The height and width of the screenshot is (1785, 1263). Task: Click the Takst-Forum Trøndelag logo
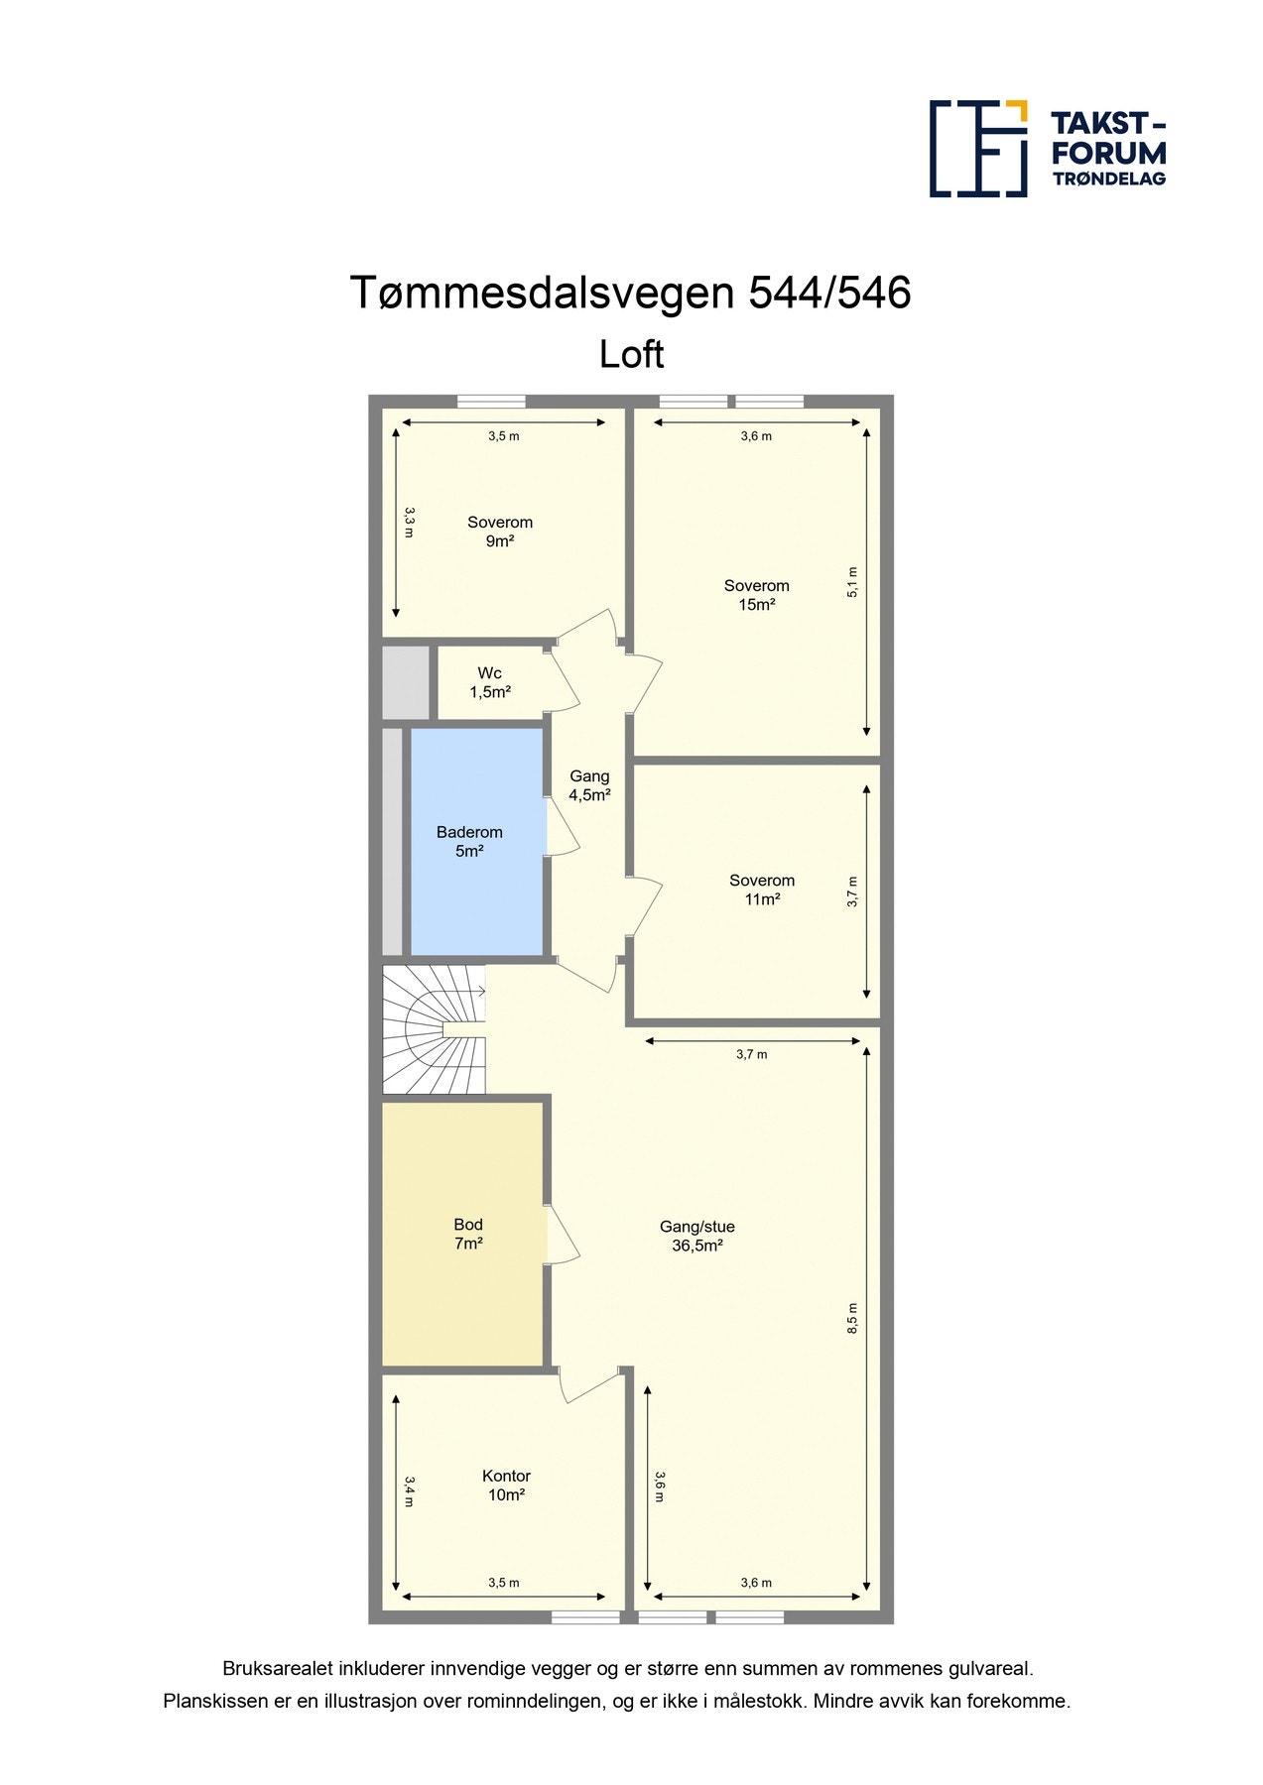click(x=1047, y=149)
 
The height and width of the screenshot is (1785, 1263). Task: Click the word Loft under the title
click(x=631, y=355)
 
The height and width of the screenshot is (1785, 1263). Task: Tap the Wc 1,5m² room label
click(x=490, y=683)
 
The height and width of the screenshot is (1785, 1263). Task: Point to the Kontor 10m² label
click(x=506, y=1486)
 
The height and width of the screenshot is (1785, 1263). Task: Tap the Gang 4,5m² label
click(x=589, y=785)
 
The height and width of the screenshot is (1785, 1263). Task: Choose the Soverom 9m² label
click(x=500, y=532)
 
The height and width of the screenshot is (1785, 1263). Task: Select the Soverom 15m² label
click(x=756, y=595)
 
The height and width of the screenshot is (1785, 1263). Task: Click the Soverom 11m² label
click(x=762, y=890)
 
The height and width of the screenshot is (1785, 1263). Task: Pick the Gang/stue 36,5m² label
click(x=696, y=1236)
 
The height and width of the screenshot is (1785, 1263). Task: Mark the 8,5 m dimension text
click(x=852, y=1318)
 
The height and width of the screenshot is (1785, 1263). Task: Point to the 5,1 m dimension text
click(x=852, y=582)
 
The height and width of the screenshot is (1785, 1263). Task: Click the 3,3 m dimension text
click(x=409, y=522)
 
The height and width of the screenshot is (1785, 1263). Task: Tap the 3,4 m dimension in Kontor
click(x=409, y=1491)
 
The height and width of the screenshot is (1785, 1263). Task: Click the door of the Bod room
click(x=562, y=1235)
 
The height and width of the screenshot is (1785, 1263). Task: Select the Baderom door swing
click(x=563, y=826)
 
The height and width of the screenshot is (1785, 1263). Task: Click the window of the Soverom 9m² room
click(x=491, y=402)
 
